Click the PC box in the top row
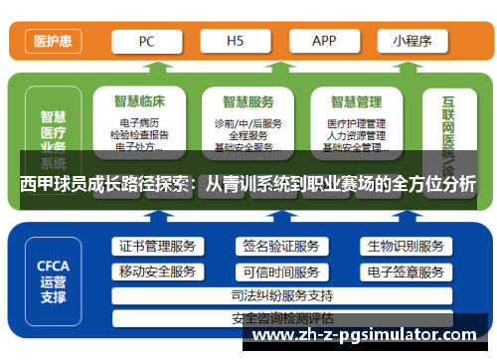[x=146, y=42]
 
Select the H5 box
[x=236, y=42]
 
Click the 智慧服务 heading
[x=248, y=100]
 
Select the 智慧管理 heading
[x=355, y=100]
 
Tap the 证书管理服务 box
[x=157, y=246]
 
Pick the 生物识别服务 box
[x=404, y=246]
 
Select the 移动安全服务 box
[x=157, y=271]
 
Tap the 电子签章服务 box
[x=404, y=271]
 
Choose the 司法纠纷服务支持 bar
[x=281, y=295]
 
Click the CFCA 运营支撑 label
[x=53, y=280]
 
